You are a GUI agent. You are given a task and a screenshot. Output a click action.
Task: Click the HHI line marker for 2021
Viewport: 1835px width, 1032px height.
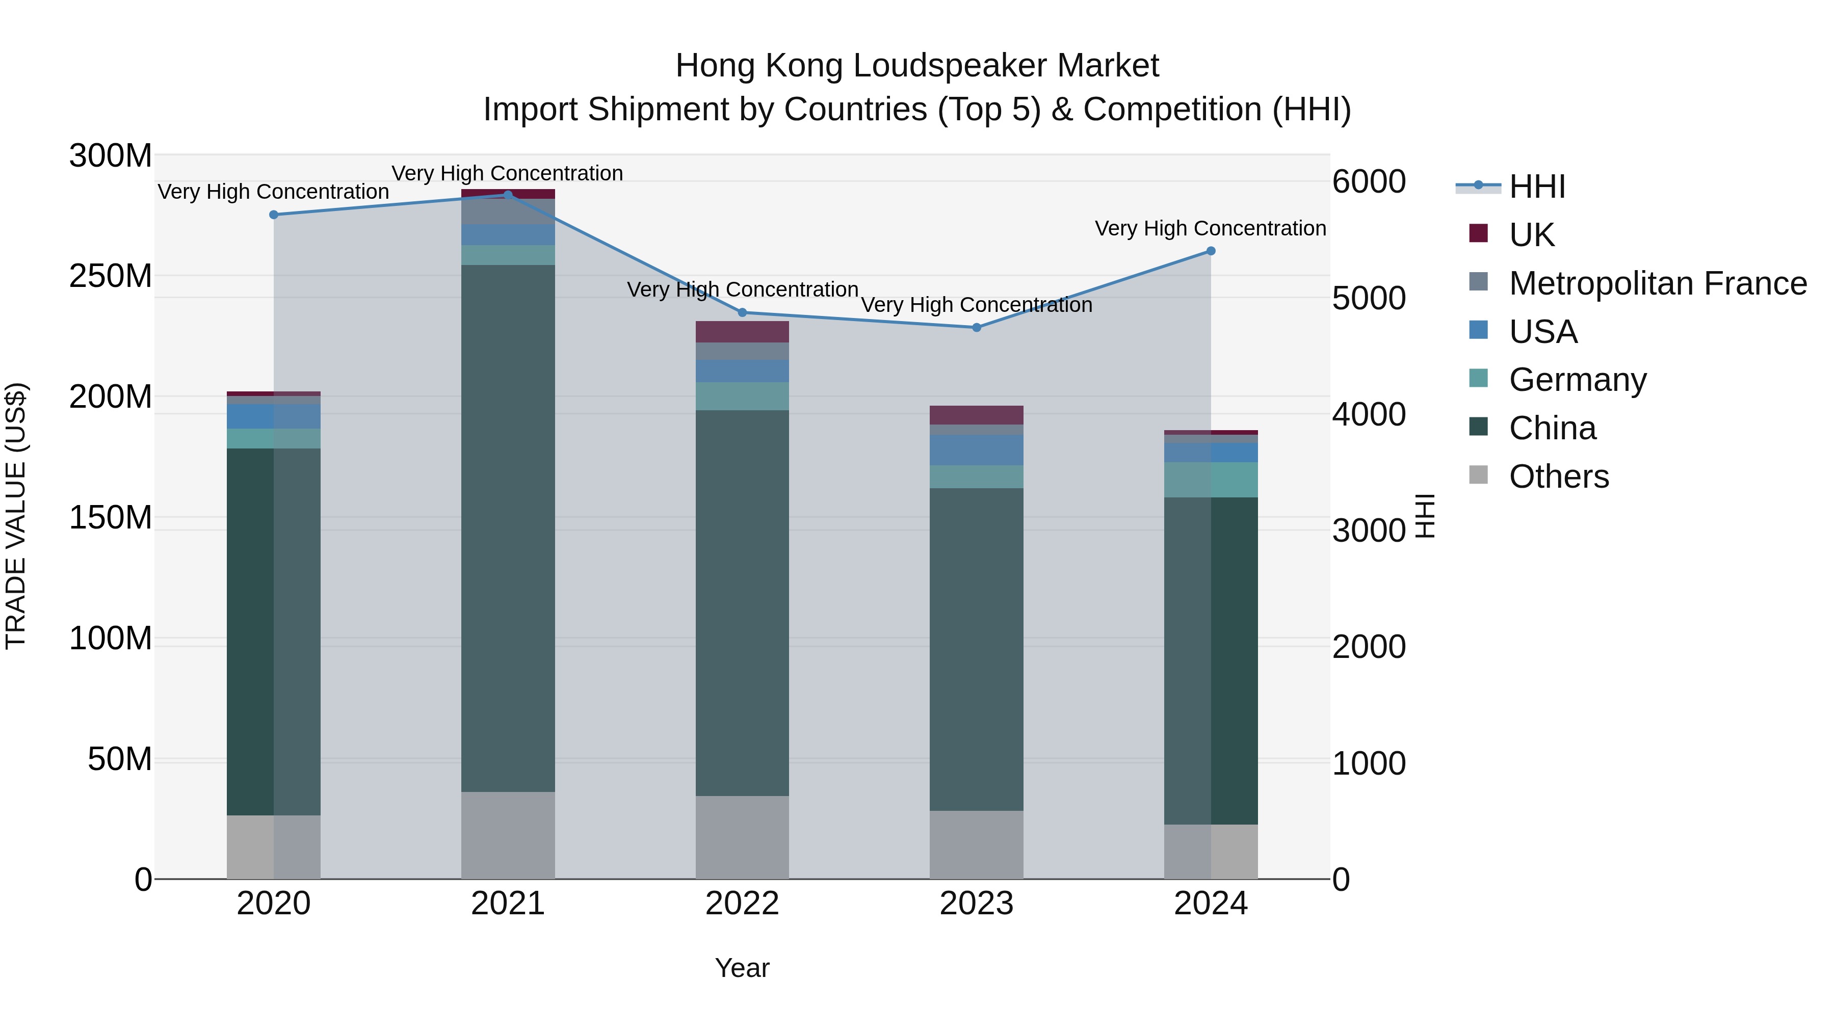(x=508, y=195)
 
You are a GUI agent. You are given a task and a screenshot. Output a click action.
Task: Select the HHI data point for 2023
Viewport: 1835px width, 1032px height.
(x=977, y=328)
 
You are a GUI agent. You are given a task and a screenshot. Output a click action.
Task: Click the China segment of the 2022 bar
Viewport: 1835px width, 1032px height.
(x=742, y=602)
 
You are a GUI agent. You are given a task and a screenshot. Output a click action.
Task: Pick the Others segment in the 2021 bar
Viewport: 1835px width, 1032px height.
(x=508, y=835)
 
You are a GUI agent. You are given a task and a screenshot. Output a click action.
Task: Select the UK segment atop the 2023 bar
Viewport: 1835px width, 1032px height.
(x=977, y=415)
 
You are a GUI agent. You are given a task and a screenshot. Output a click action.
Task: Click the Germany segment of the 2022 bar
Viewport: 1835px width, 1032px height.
(x=742, y=396)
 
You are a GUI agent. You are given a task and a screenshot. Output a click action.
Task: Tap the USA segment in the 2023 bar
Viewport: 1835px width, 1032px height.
(x=977, y=450)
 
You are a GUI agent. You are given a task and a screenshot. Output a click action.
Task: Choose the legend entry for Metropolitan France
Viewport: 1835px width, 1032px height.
(x=1657, y=283)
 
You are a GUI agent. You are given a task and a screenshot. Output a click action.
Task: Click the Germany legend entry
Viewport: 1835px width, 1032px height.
(x=1577, y=380)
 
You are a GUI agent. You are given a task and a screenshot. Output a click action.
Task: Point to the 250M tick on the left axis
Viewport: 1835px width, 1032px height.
(x=111, y=276)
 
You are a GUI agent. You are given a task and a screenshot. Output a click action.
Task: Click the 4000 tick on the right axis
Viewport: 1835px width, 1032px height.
(x=1369, y=414)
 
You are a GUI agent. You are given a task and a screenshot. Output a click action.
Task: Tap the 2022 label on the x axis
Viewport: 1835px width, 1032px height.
(x=742, y=904)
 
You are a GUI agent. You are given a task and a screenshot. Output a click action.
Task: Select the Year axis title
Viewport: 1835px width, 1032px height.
(x=742, y=968)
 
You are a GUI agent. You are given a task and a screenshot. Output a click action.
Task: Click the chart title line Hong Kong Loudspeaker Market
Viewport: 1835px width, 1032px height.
(x=917, y=66)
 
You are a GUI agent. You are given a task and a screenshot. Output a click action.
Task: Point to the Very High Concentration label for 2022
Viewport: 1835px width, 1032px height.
(x=742, y=290)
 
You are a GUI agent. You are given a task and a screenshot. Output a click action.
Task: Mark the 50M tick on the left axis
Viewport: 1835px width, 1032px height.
(x=120, y=759)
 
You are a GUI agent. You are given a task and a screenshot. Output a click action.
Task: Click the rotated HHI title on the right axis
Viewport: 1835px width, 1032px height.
(x=1424, y=516)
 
